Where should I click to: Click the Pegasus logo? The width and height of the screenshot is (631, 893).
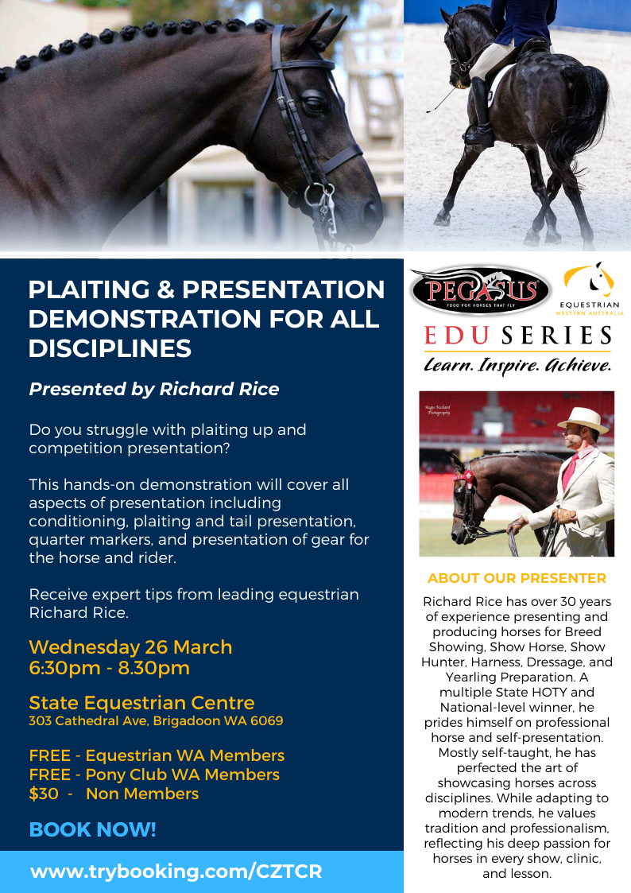point(481,290)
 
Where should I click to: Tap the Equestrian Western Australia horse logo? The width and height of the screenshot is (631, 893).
point(590,288)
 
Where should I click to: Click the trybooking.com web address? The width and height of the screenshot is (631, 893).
point(176,872)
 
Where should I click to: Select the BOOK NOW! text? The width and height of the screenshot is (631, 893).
point(92,829)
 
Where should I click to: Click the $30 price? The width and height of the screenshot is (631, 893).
point(44,794)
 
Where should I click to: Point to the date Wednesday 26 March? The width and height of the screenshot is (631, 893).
point(130,647)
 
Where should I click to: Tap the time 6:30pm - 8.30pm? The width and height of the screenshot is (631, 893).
point(109,667)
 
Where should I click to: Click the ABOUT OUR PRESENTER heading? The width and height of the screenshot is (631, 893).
point(517,578)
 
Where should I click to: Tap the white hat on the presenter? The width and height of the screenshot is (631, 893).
point(583,419)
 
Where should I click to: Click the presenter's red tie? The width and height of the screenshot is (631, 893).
point(570,471)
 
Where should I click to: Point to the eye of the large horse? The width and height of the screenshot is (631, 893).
point(313,103)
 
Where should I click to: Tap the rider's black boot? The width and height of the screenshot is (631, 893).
point(480,113)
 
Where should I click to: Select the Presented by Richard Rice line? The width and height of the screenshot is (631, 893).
point(154,389)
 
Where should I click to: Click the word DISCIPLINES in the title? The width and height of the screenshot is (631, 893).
point(110,348)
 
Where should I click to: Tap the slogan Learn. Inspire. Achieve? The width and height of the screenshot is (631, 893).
point(517,364)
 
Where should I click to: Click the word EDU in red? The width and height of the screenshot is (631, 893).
point(456,336)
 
